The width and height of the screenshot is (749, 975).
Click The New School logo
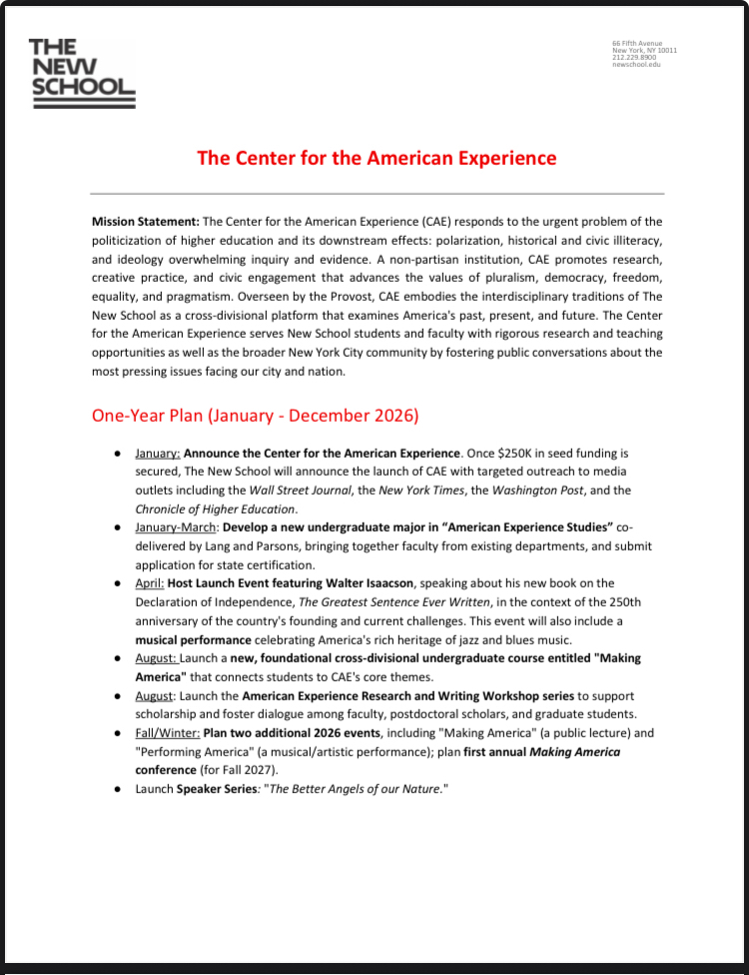(82, 73)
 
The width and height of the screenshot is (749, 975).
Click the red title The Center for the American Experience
(375, 158)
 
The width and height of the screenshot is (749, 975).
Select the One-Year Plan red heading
(255, 415)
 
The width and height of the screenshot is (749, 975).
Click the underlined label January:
(157, 454)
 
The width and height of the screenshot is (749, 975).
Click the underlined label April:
(150, 583)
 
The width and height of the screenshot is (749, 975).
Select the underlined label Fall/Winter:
(168, 733)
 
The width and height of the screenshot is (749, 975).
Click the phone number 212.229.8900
(634, 58)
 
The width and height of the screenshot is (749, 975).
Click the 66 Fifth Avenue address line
(636, 44)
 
